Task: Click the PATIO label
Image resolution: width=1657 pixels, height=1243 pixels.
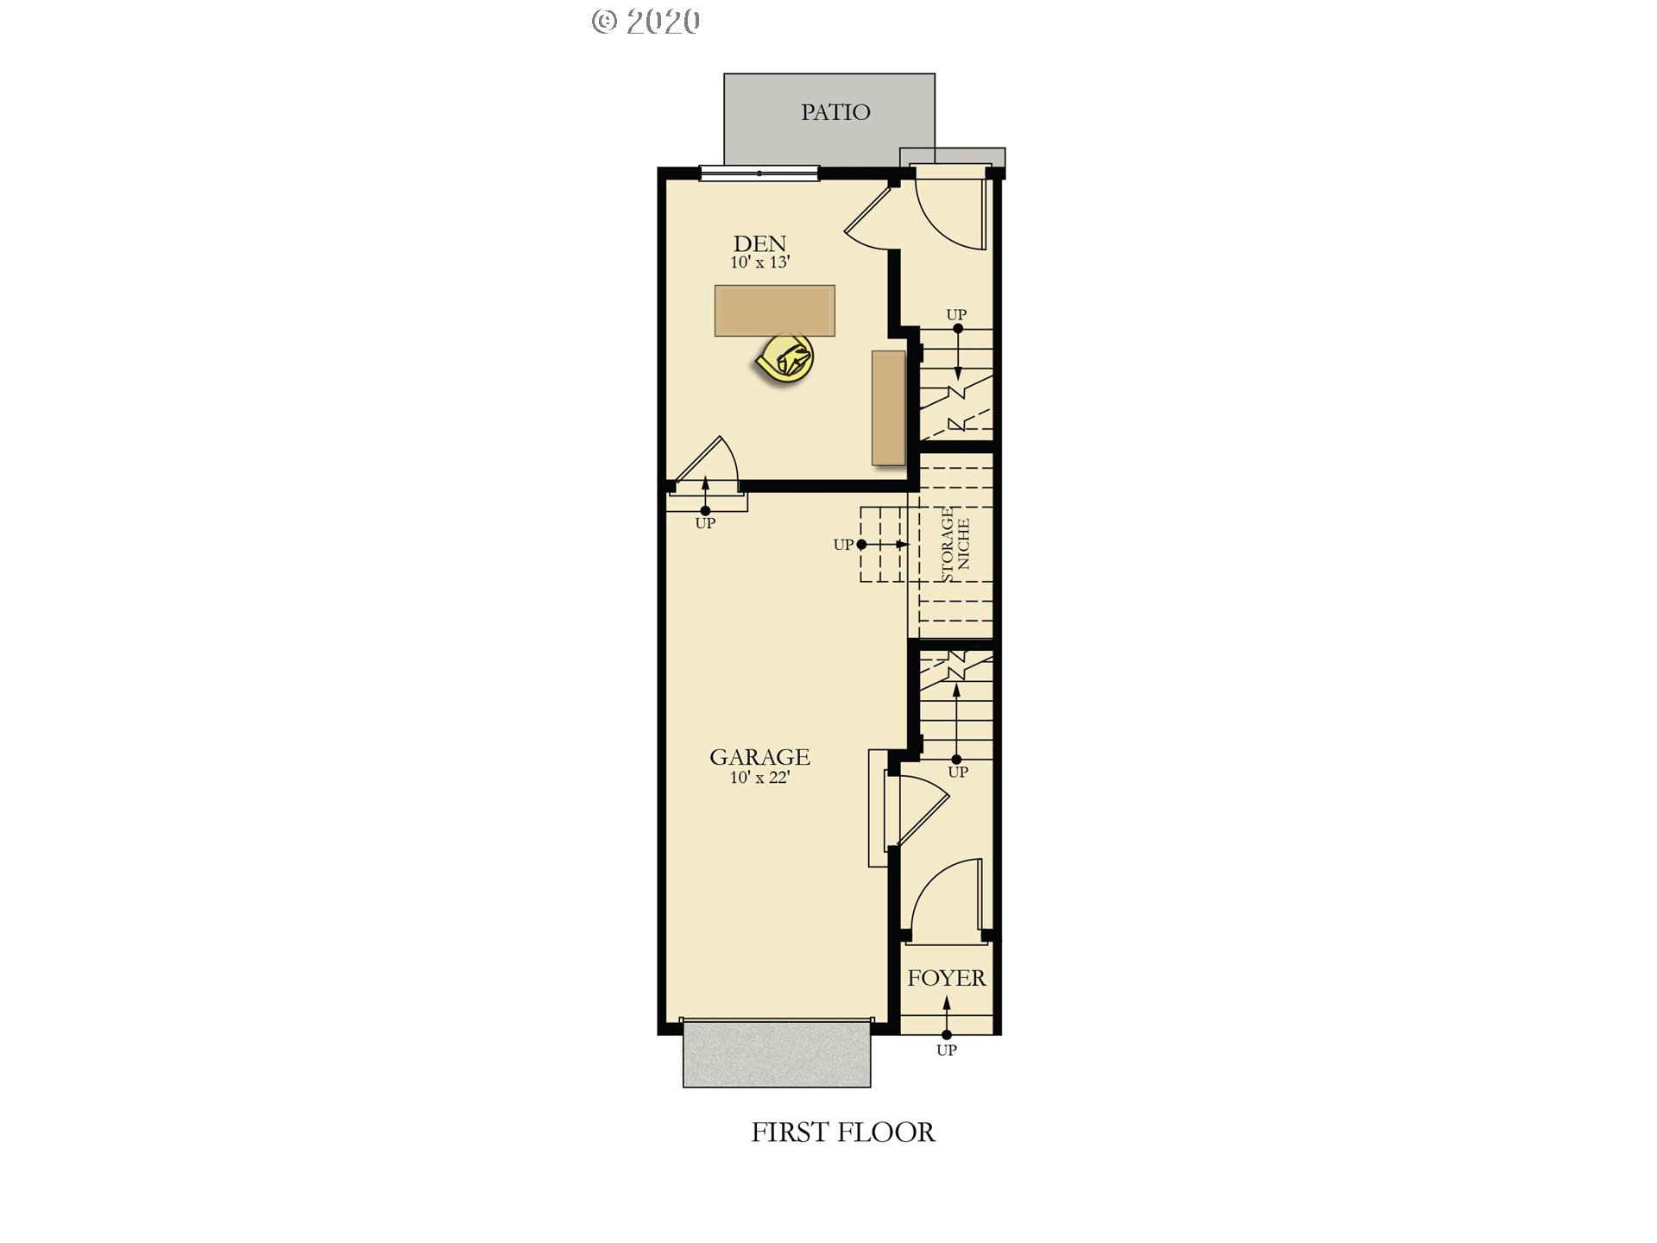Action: (835, 112)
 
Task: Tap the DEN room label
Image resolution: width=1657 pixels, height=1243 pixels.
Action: (759, 244)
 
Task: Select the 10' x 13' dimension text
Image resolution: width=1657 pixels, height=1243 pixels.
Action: (759, 262)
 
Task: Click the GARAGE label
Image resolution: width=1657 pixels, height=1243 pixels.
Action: (759, 757)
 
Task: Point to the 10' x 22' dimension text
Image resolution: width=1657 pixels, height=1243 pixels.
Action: (759, 778)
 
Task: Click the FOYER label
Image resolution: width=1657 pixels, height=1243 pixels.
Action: (946, 978)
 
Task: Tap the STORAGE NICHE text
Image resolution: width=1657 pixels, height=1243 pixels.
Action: (955, 545)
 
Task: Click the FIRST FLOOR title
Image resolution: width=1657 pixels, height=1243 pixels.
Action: (842, 1133)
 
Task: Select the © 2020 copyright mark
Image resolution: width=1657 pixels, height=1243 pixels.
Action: (646, 22)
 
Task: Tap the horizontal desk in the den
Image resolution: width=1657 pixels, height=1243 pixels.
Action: (774, 310)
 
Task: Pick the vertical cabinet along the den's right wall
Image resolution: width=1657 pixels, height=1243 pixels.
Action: (888, 407)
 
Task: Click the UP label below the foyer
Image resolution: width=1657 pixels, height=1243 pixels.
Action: (947, 1051)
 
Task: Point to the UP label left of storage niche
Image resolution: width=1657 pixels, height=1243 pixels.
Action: (843, 545)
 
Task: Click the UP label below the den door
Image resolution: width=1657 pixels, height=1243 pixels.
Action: (705, 523)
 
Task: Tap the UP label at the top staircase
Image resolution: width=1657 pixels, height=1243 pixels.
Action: (956, 315)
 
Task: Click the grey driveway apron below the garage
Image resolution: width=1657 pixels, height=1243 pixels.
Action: (777, 1053)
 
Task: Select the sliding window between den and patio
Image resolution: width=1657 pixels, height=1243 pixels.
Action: (759, 174)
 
